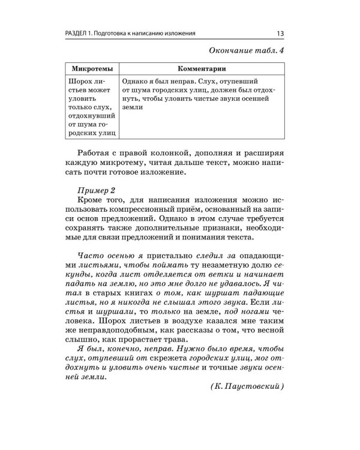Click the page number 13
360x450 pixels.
click(280, 33)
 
